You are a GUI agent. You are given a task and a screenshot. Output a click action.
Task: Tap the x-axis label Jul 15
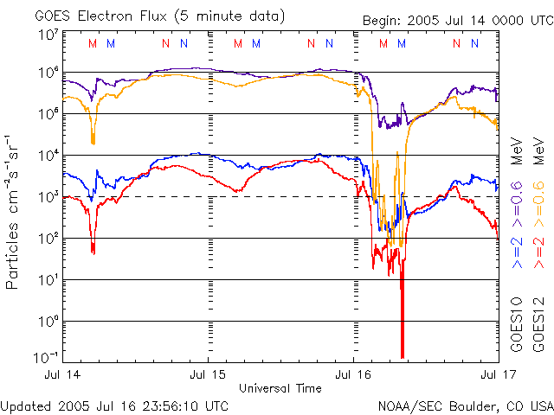coord(209,376)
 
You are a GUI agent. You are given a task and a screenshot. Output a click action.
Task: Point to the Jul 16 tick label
coord(354,376)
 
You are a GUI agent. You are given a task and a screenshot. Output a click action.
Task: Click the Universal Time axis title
coord(280,388)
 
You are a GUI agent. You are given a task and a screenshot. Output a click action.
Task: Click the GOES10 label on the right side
coord(516,324)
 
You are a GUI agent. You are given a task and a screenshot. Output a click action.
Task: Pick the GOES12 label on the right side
coord(538,324)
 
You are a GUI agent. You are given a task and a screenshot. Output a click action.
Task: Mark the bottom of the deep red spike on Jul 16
coord(403,356)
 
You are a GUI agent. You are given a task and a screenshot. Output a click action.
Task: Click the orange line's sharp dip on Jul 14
coord(93,140)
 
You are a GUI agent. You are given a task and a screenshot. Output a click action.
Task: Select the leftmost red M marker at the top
coord(93,44)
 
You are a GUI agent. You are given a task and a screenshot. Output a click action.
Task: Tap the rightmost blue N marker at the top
coord(473,44)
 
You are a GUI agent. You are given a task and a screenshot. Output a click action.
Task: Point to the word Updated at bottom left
coord(27,405)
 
